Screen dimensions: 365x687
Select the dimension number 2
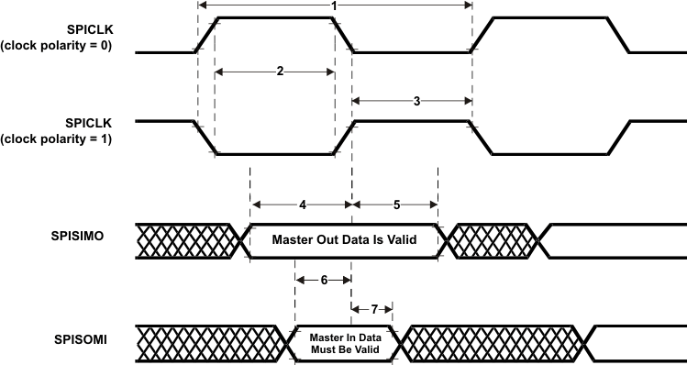[279, 71]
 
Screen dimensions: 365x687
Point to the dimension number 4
[300, 205]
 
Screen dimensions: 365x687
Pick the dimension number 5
[396, 205]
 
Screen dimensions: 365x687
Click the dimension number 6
[323, 282]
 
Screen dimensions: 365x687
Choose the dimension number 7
[373, 308]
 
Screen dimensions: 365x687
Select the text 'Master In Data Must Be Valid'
[344, 342]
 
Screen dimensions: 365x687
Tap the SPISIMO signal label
[78, 236]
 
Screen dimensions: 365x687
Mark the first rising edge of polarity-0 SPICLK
[205, 35]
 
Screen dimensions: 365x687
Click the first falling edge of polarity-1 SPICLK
[205, 138]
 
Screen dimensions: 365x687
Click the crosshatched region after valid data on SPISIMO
[494, 239]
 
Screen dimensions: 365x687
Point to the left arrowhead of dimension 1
[202, 6]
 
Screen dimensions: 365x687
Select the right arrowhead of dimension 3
[467, 102]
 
